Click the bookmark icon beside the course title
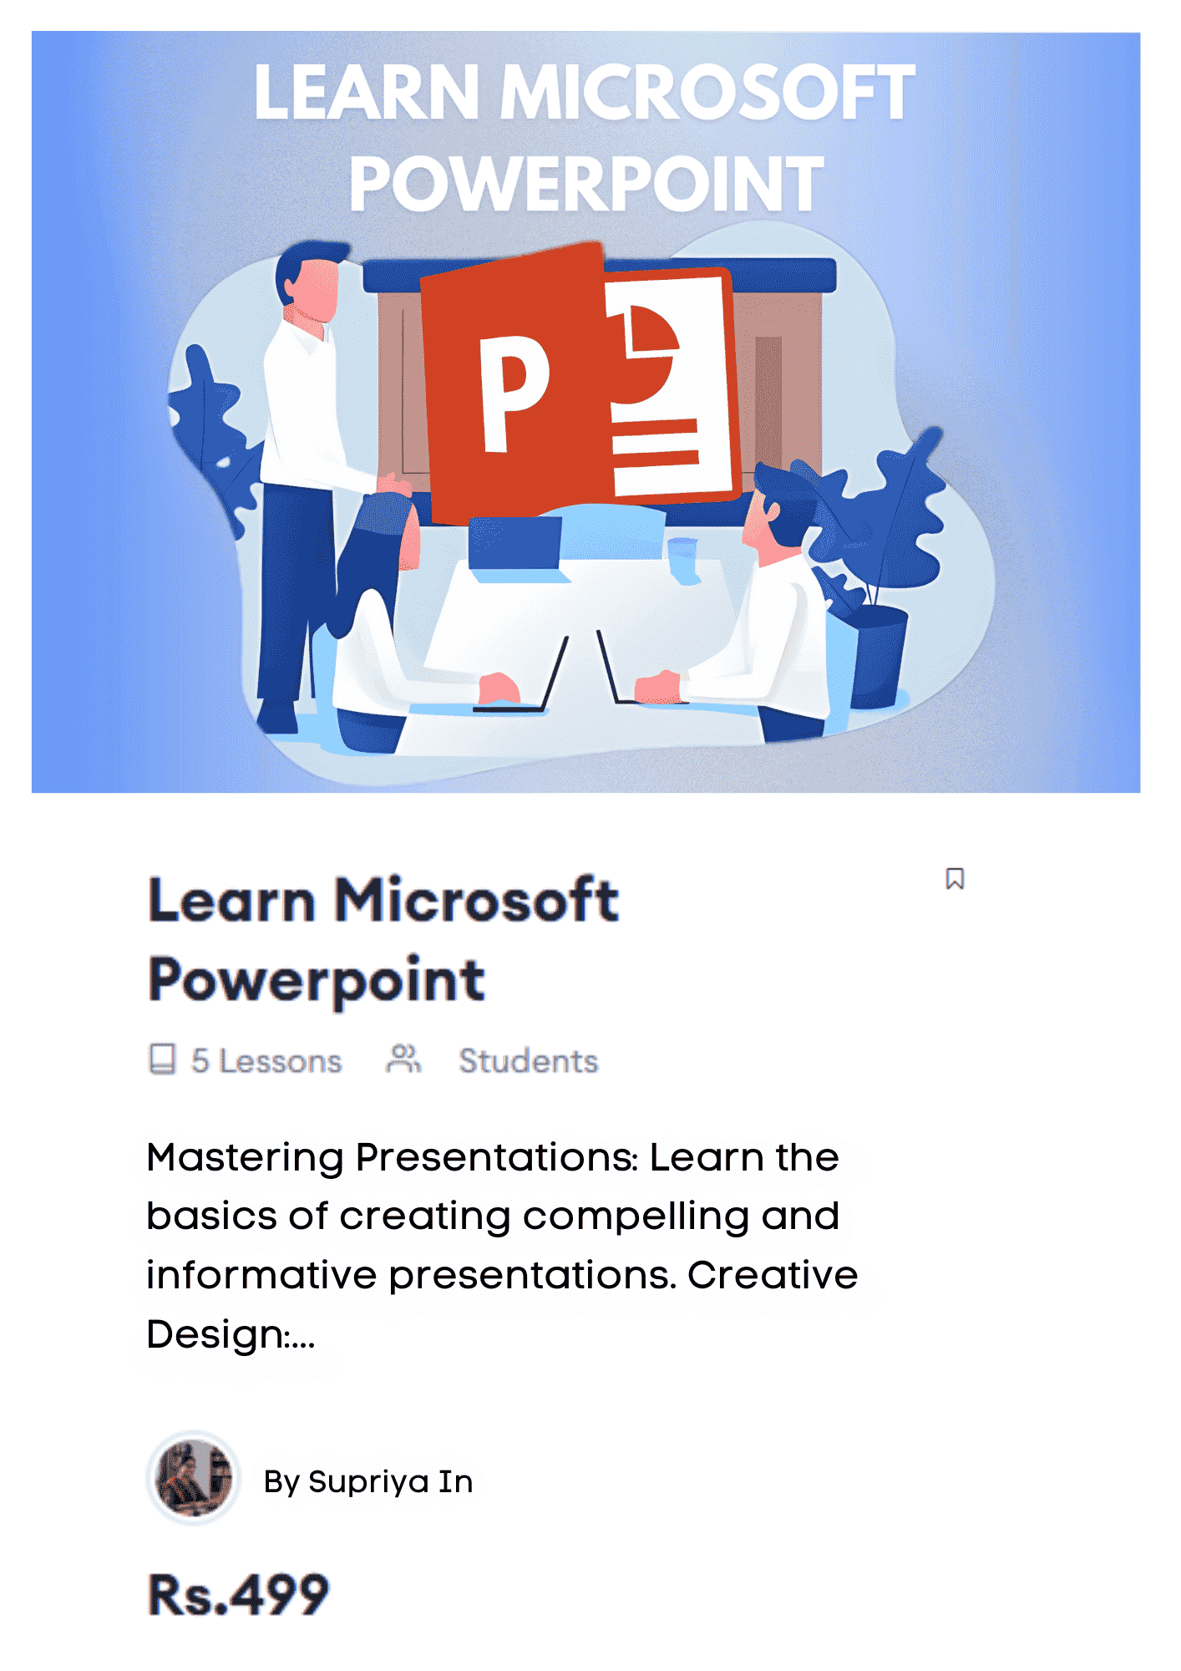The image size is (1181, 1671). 955,879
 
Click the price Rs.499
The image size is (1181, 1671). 238,1594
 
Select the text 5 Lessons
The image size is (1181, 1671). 266,1061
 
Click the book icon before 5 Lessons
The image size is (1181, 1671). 162,1059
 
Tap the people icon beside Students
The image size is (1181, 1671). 403,1059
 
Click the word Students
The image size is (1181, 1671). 529,1061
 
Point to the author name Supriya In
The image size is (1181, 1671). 391,1481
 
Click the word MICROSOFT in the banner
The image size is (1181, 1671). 707,93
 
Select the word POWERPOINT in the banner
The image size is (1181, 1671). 586,185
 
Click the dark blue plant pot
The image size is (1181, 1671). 879,657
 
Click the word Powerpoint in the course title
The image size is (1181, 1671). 317,981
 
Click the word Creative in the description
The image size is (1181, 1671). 773,1276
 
